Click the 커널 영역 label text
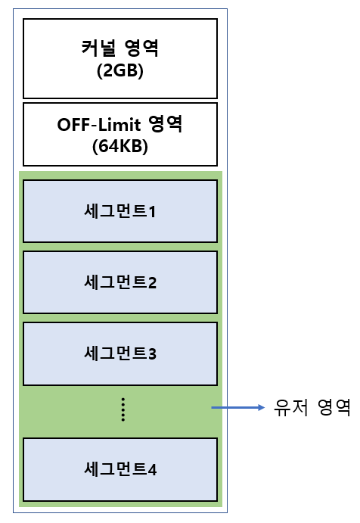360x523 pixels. click(120, 48)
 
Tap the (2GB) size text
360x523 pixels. click(120, 70)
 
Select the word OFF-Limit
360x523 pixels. click(99, 125)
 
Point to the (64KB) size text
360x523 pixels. click(120, 146)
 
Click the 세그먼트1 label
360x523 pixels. click(120, 211)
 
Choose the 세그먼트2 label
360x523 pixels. click(120, 282)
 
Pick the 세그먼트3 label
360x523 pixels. click(120, 353)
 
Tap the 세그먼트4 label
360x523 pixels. click(120, 469)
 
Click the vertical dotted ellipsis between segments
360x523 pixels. click(123, 409)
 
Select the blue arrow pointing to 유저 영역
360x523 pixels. click(238, 407)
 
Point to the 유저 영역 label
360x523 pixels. click(312, 407)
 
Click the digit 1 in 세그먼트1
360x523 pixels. click(152, 212)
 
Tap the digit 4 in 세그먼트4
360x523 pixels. click(152, 469)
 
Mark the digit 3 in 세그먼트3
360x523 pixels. click(152, 353)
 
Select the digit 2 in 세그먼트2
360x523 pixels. click(152, 282)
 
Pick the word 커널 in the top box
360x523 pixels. click(98, 48)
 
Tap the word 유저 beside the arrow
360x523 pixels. click(290, 407)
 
